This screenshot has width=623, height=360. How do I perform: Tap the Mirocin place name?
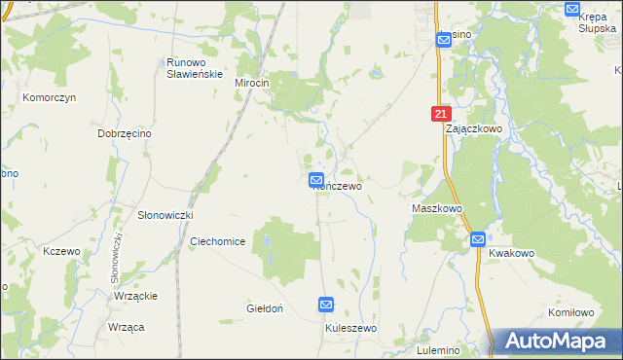coord(251,84)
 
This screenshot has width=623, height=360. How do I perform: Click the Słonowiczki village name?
coord(165,214)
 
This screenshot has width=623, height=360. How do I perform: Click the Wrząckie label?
coord(136,296)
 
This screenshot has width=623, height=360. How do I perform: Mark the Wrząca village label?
coord(127,327)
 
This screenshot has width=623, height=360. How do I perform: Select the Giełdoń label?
coord(264,308)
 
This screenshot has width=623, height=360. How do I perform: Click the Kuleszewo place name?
coord(350,329)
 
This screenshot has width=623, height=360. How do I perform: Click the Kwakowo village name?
coord(512,253)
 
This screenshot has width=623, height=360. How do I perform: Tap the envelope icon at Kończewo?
coord(316,180)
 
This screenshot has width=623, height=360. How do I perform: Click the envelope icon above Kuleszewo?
coord(326,306)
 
